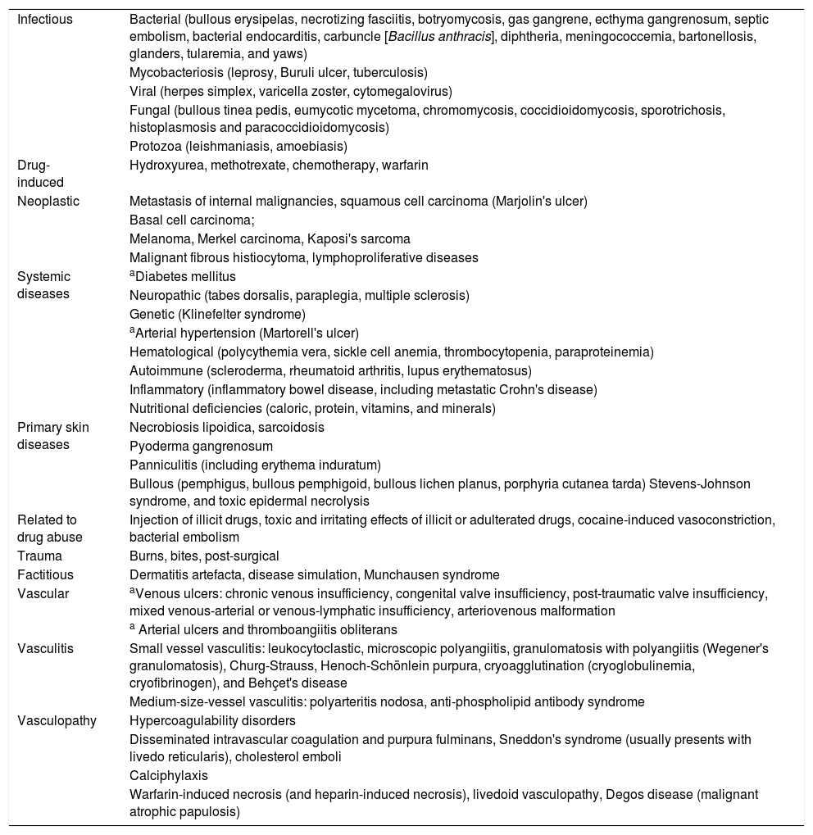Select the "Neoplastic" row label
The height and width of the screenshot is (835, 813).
click(48, 202)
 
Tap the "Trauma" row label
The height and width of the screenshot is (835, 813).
click(39, 556)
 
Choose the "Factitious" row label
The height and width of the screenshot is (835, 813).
click(45, 575)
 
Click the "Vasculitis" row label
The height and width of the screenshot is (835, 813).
click(45, 649)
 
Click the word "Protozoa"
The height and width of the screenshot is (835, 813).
click(153, 147)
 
